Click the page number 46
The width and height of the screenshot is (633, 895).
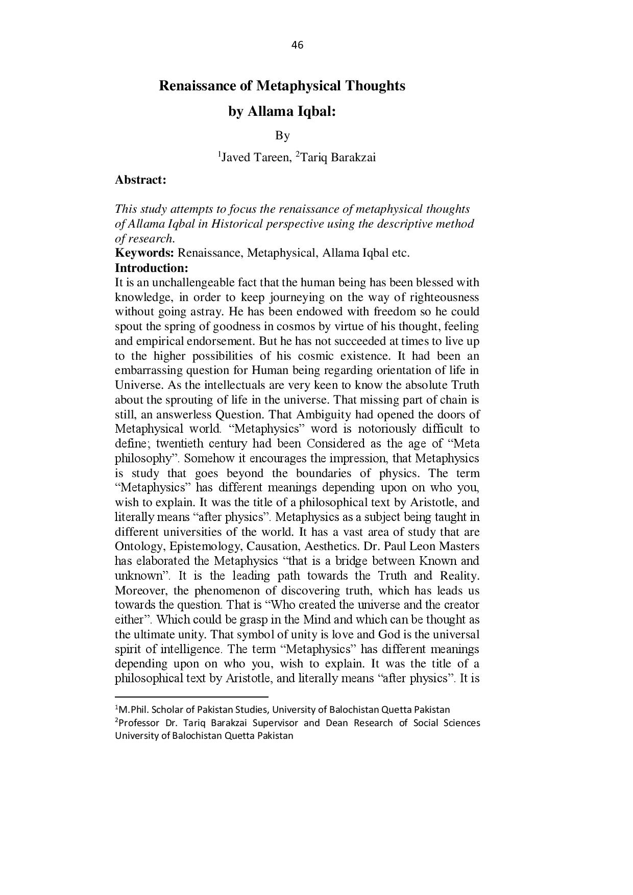(x=297, y=45)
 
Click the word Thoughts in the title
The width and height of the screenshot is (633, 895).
(x=375, y=86)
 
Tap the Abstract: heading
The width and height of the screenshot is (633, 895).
(x=140, y=180)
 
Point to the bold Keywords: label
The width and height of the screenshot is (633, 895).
(x=144, y=253)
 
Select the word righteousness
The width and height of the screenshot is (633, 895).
(x=445, y=297)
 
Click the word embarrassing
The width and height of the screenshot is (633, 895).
(x=146, y=370)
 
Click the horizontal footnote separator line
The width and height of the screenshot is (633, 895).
(x=191, y=696)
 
